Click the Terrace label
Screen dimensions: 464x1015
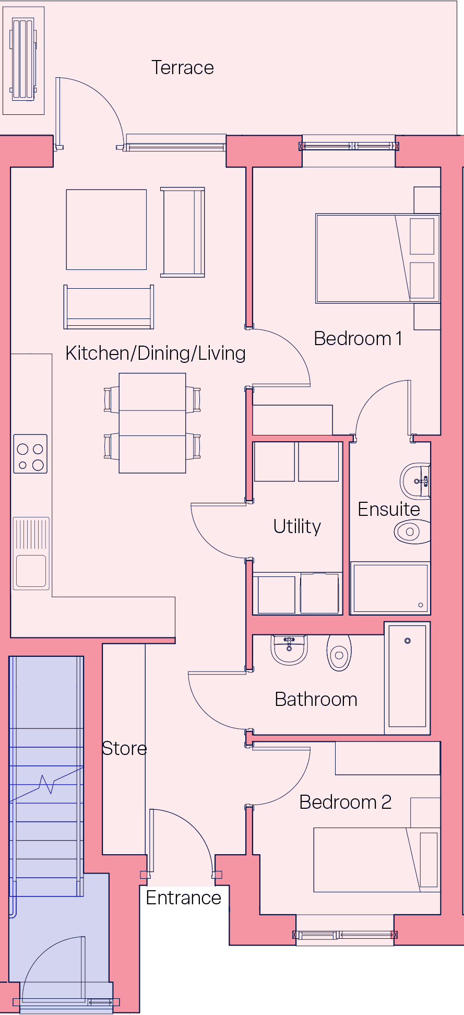pos(183,68)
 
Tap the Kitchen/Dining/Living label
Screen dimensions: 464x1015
pos(156,353)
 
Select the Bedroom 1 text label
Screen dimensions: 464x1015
pos(358,338)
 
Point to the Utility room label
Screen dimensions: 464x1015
pos(297,526)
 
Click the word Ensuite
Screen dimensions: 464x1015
pos(389,509)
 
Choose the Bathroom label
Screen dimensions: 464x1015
pos(316,699)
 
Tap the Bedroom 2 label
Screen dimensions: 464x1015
pos(346,802)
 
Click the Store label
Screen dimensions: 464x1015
pos(124,748)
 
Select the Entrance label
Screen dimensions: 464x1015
pos(183,898)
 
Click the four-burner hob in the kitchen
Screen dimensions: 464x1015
pos(30,454)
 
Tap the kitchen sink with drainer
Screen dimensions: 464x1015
pos(31,553)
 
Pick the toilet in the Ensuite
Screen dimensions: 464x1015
pos(412,532)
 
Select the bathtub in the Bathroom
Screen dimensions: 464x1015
pos(408,678)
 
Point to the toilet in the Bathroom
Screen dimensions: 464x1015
pos(339,653)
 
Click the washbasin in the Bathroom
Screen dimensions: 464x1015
pos(289,650)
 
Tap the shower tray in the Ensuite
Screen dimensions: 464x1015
pos(390,588)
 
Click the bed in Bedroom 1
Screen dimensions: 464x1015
pos(377,258)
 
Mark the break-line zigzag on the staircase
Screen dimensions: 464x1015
pos(47,783)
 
